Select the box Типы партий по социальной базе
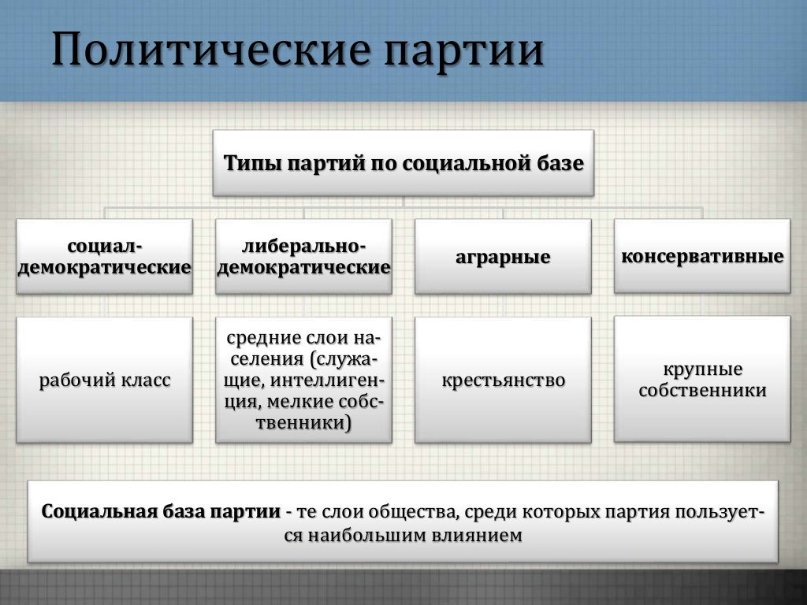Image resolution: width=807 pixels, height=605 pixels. coord(403,163)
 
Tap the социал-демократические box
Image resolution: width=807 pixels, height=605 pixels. coord(105,257)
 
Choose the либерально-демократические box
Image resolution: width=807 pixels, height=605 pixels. coord(303,257)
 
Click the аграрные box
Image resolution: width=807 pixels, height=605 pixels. coord(503,257)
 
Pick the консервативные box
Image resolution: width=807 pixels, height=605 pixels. coord(702,257)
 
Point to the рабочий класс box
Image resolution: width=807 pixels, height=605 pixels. coord(105,380)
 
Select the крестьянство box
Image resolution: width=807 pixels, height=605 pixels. coord(503,380)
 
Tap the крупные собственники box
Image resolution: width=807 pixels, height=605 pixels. coord(702,380)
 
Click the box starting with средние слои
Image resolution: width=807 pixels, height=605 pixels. coord(303,380)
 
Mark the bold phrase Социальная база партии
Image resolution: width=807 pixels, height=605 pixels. coord(161,511)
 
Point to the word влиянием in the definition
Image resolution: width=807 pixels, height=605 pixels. coord(476,536)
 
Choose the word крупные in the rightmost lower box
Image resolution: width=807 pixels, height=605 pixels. coord(702,369)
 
